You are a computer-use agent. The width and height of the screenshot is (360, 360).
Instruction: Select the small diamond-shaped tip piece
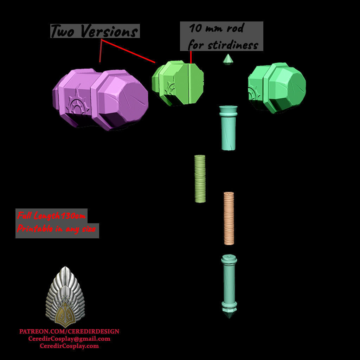[x=228, y=59]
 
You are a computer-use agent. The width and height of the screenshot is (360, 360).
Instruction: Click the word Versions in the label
[x=108, y=32]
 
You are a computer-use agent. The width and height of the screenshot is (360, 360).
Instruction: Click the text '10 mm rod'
[x=216, y=28]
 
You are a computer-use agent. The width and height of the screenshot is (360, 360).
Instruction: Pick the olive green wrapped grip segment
[x=200, y=179]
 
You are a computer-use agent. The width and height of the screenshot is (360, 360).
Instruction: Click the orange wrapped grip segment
[x=229, y=218]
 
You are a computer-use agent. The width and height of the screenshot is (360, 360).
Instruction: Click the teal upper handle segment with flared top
[x=228, y=128]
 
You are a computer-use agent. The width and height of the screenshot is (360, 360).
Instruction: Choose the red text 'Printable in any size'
[x=56, y=229]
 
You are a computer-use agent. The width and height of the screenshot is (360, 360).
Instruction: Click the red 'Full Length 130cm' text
[x=51, y=216]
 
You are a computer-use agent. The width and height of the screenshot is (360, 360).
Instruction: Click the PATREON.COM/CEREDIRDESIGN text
[x=69, y=331]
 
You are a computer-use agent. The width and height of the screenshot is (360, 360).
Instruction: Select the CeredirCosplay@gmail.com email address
[x=69, y=339]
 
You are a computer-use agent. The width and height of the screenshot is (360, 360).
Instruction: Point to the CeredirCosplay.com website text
[x=69, y=346]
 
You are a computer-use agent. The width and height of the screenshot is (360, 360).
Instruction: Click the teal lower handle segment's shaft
[x=229, y=281]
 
